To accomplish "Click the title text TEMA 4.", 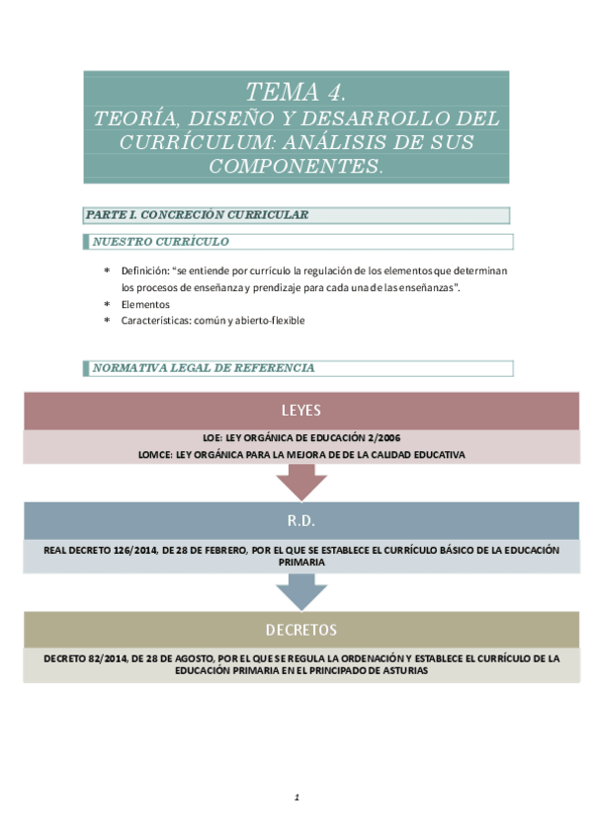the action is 296,93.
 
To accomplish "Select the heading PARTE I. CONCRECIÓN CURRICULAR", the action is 197,214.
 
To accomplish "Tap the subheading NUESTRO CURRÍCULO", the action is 160,242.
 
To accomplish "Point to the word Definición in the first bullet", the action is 144,269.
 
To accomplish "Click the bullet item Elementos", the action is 145,304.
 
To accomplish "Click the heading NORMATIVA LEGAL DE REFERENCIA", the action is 204,368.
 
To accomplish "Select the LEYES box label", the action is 300,411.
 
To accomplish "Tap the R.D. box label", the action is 300,519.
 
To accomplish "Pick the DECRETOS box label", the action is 300,629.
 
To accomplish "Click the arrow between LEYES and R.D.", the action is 300,482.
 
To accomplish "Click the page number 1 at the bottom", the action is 296,798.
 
